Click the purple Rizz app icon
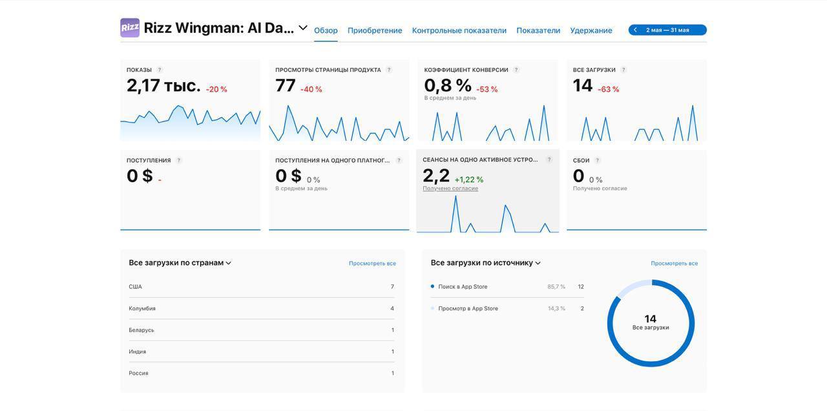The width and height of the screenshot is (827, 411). coord(130,28)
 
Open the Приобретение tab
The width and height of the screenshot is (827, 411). coord(375,30)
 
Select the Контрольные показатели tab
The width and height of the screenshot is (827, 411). coord(459,30)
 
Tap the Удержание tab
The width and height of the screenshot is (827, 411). coord(591,30)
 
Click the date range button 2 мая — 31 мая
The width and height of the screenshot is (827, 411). coord(667,30)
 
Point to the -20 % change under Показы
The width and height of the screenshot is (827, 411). coord(216,89)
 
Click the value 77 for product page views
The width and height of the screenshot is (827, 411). coord(286,85)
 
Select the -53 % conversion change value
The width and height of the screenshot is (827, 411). coord(487,89)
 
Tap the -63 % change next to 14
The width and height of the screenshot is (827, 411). coord(608,89)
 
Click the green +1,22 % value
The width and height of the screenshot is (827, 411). coord(469,180)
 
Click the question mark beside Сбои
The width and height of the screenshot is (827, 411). coord(597,160)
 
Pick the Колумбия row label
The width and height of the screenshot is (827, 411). coord(142,308)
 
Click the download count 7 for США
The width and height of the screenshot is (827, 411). coord(392,287)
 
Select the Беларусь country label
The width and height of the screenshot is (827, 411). coord(141,330)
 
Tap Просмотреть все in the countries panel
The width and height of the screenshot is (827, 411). coord(372,264)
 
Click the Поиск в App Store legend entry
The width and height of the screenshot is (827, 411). coord(463,287)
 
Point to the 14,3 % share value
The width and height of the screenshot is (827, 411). coord(556,308)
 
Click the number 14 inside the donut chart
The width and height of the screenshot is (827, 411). coord(651,319)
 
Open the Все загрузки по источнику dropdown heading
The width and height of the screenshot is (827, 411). coord(486,263)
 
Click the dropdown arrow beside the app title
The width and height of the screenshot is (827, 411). coord(303,28)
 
